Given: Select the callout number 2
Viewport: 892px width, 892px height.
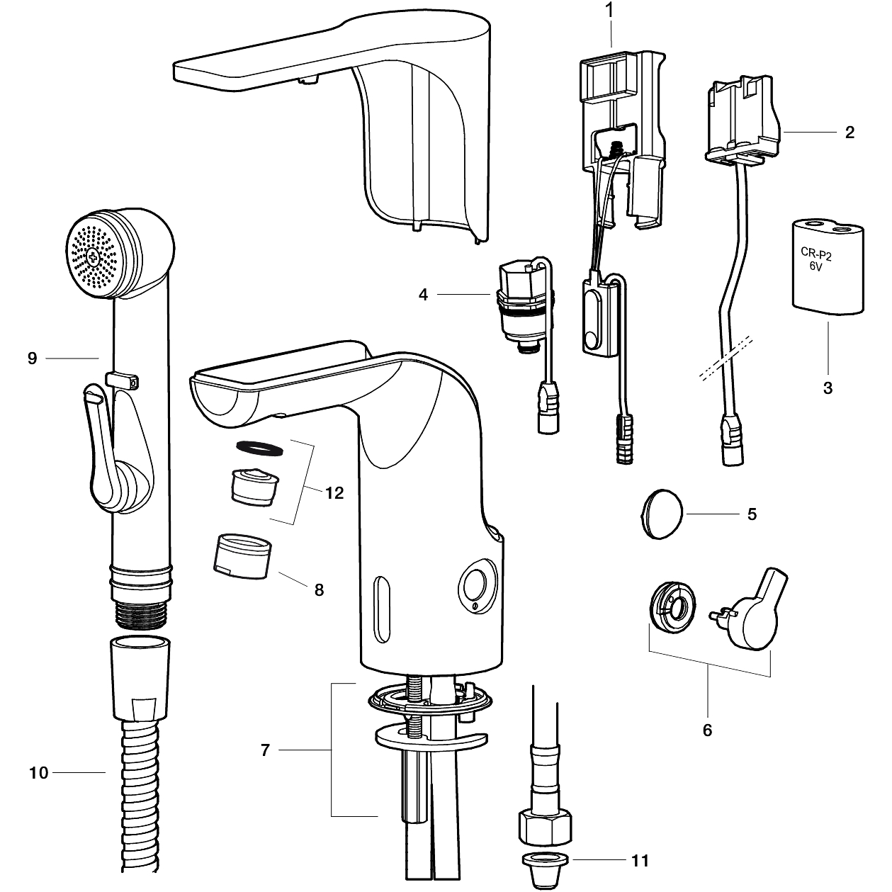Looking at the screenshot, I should [849, 132].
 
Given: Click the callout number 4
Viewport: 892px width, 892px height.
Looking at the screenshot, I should [423, 294].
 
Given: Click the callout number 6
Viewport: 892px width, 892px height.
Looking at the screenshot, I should [707, 729].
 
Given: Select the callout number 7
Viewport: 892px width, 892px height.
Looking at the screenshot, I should [265, 750].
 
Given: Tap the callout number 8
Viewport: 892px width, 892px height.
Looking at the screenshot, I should [319, 589].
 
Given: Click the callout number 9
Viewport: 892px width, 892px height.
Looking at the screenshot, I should [32, 359].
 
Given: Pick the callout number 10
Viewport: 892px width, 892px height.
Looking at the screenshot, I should [38, 772].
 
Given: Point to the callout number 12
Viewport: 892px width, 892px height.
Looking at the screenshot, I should [334, 492].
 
